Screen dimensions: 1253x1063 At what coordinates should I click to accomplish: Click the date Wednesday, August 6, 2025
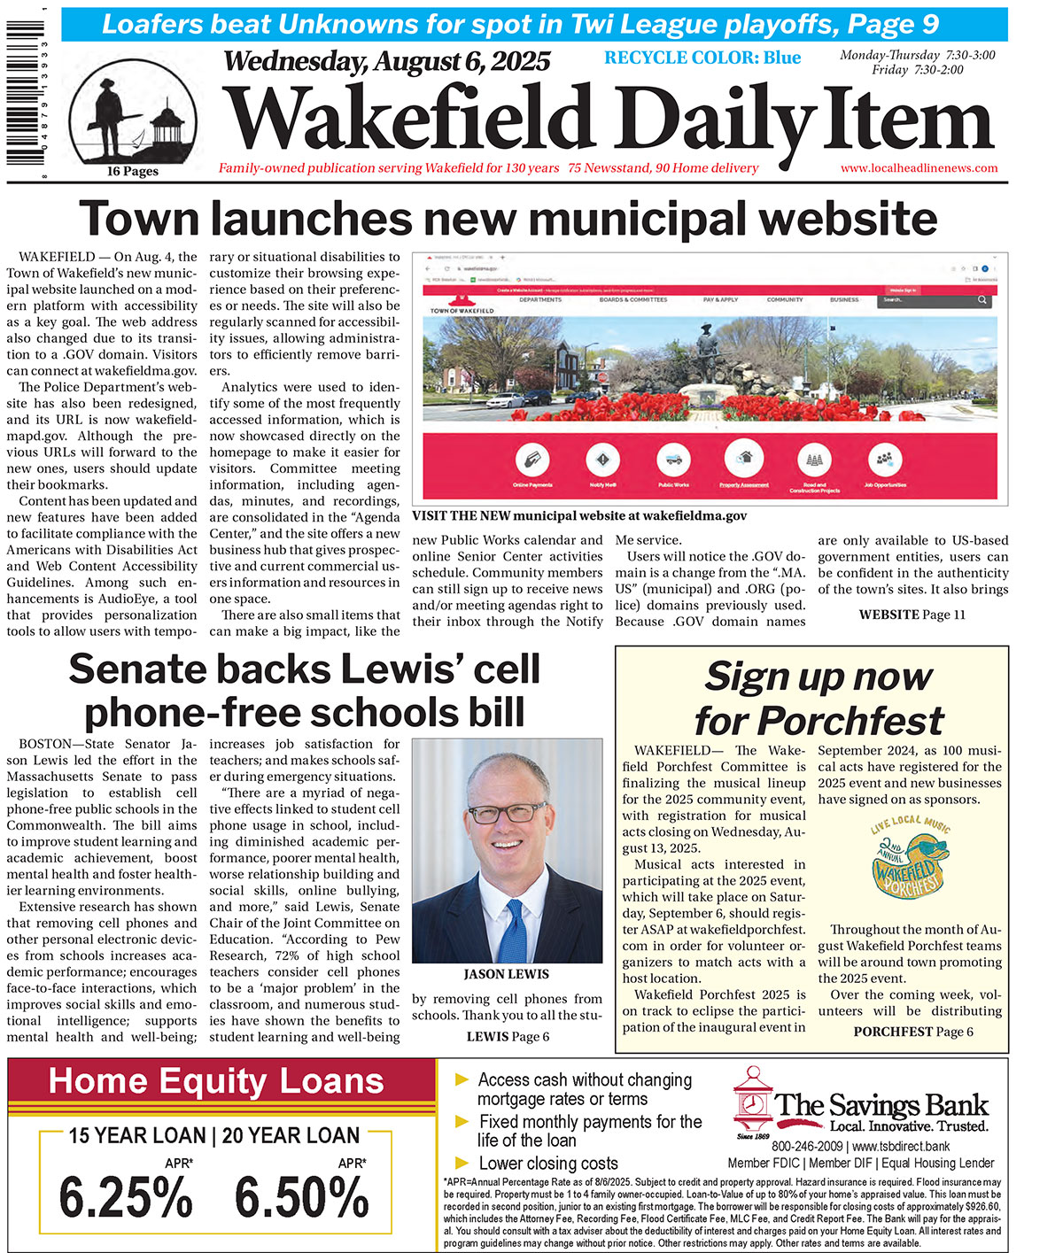(x=386, y=62)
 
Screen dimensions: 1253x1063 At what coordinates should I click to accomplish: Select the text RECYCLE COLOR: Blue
(x=702, y=58)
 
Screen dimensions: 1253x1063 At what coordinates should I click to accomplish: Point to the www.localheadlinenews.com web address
(x=919, y=168)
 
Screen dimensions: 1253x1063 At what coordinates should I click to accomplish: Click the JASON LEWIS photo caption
(x=507, y=974)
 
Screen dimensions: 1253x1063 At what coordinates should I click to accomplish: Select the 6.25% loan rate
(x=126, y=1199)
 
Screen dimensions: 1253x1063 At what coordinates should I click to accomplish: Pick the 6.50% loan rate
(x=301, y=1199)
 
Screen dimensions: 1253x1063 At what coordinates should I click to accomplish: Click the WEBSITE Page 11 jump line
(x=912, y=615)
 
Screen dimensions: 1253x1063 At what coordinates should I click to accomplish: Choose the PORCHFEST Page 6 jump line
(x=912, y=1032)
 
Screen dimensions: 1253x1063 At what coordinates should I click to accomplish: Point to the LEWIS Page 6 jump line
(x=508, y=1036)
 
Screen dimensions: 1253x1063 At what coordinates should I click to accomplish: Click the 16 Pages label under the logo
(x=132, y=172)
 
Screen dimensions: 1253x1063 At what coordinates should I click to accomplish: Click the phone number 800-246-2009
(x=806, y=1146)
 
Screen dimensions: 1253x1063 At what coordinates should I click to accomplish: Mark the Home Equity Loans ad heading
(x=216, y=1081)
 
